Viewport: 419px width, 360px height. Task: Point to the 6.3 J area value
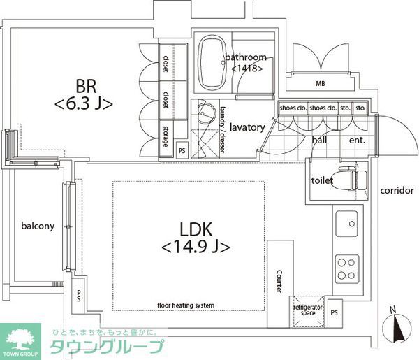(84, 104)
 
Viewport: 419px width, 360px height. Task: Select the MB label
(321, 85)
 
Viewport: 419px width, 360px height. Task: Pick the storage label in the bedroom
(166, 135)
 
